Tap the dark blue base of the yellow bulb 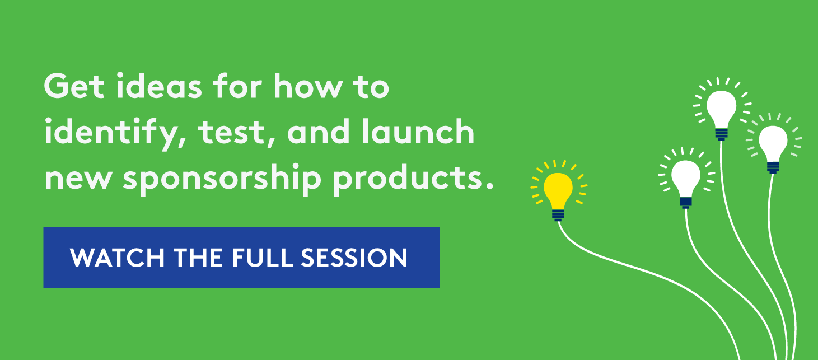tap(558, 215)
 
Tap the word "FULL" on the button tap(263, 258)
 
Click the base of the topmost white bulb tap(721, 134)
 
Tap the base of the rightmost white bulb tap(773, 167)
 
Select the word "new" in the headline tap(77, 179)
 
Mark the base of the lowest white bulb tap(686, 203)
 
